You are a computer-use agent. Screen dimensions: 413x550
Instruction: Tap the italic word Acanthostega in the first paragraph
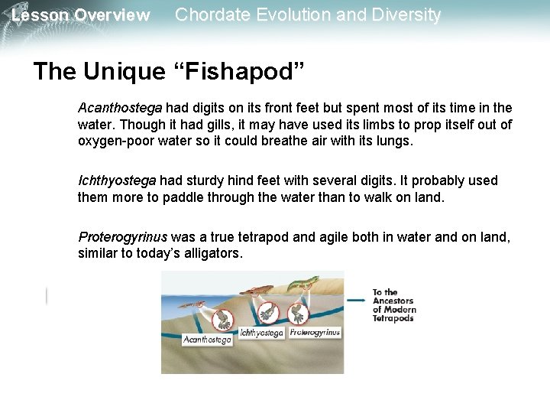click(119, 109)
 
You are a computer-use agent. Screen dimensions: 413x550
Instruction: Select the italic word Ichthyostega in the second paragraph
click(116, 180)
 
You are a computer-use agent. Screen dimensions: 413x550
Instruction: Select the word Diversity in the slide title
click(405, 15)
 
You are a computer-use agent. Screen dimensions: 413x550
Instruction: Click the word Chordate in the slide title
click(208, 15)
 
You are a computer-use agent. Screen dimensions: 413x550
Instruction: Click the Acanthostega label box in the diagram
click(207, 340)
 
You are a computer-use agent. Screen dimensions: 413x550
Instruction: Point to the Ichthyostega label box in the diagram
click(261, 333)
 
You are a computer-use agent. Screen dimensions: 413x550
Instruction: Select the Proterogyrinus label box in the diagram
click(315, 333)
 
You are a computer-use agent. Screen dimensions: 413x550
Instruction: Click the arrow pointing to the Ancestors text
click(355, 301)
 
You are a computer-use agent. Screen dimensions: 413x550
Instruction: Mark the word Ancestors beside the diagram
click(392, 301)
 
